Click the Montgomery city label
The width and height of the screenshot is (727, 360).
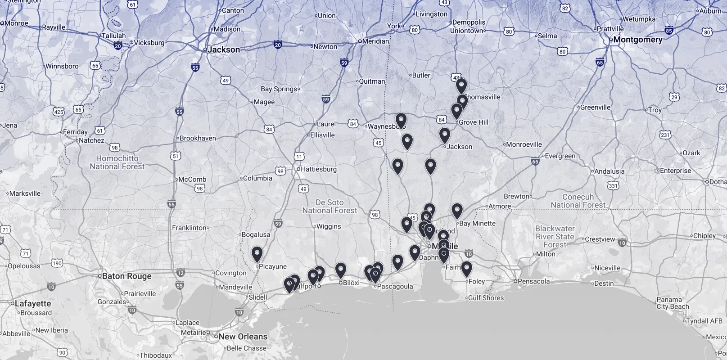(637, 40)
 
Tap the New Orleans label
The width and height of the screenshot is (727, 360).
(243, 337)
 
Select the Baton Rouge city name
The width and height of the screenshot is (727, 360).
(126, 276)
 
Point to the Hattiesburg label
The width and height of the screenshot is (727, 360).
(318, 169)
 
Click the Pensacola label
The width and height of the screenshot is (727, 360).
(533, 281)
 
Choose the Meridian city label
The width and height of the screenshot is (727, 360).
(375, 41)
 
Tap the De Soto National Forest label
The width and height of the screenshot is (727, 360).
(330, 207)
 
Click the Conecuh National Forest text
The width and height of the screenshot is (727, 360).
(578, 201)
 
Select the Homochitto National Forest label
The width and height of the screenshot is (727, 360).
(117, 162)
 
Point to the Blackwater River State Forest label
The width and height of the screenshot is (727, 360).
(555, 237)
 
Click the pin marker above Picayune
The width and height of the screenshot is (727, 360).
(257, 254)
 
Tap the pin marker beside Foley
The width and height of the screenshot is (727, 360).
(466, 269)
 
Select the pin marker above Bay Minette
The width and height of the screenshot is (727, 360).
(457, 211)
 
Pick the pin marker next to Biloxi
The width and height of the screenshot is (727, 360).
(341, 270)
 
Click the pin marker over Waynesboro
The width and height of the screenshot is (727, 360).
(401, 120)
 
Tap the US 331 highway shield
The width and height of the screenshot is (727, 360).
(613, 185)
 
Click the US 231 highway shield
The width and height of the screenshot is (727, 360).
(665, 135)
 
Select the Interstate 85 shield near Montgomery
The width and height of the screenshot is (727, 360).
(668, 31)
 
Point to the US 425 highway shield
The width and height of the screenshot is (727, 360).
(59, 112)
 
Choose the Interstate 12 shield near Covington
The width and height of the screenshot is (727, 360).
(181, 273)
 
